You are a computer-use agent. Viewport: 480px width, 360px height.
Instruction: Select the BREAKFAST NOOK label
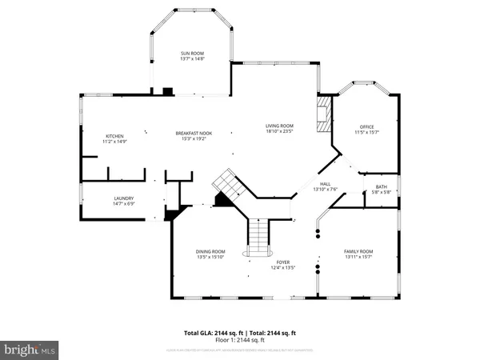[192, 133]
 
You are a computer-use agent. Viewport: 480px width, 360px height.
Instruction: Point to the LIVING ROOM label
[280, 126]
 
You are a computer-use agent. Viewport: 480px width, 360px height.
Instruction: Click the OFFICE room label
[366, 128]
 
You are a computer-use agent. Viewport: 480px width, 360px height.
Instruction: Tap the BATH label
[381, 186]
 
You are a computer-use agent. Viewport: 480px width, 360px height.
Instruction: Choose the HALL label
[326, 183]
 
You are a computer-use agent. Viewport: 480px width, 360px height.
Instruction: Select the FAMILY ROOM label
[358, 251]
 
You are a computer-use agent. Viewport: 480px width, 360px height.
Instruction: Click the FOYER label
[283, 262]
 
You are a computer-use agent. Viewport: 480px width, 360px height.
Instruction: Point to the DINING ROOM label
[211, 251]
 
